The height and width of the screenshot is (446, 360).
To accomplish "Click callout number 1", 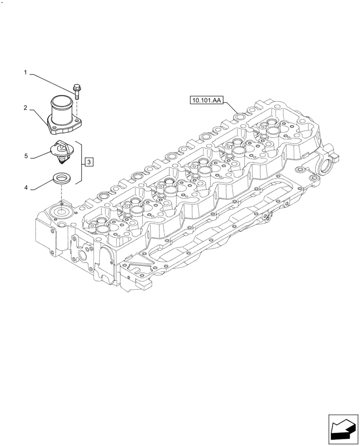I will click(26, 72).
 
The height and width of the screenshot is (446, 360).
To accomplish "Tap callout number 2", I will click(26, 108).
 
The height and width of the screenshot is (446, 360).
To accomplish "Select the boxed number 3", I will click(89, 161).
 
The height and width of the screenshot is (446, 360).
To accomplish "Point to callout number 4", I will click(26, 188).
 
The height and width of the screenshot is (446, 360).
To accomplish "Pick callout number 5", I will click(26, 156).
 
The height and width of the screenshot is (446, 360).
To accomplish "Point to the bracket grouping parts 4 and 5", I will click(81, 162).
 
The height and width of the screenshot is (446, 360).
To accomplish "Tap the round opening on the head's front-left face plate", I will click(82, 256).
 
